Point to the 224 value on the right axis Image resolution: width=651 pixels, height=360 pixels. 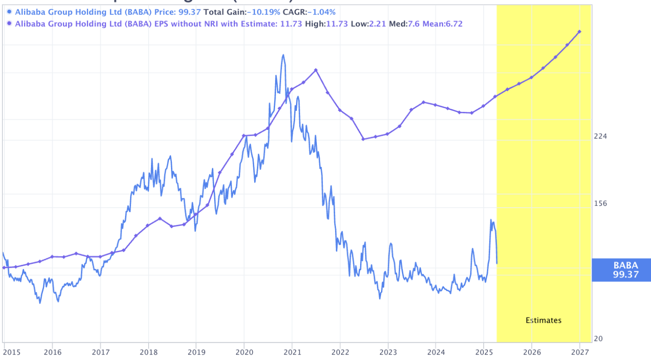pyautogui.click(x=601, y=136)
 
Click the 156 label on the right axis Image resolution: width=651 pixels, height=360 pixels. pyautogui.click(x=601, y=203)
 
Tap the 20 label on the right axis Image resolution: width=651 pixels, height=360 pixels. pyautogui.click(x=598, y=339)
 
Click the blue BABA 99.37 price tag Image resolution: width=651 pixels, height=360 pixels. pyautogui.click(x=621, y=270)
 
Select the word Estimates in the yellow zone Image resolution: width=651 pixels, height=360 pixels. pyautogui.click(x=543, y=320)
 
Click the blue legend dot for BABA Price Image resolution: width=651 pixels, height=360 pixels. pyautogui.click(x=10, y=12)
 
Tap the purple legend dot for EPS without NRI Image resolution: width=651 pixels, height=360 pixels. pyautogui.click(x=10, y=24)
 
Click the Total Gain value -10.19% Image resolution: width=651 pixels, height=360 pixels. pyautogui.click(x=265, y=12)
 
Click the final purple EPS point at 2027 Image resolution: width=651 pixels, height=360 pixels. pyautogui.click(x=579, y=32)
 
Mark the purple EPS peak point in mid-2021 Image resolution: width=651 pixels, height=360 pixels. pyautogui.click(x=316, y=70)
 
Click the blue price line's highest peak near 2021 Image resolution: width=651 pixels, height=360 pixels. pyautogui.click(x=283, y=55)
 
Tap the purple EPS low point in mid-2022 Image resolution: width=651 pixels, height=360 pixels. pyautogui.click(x=363, y=139)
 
